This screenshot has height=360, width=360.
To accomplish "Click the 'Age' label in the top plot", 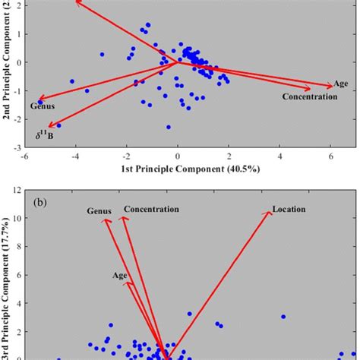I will coord(341,84).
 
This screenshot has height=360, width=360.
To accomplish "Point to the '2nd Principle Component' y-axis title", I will coord(7,65).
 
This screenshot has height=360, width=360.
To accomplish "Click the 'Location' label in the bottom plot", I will coord(289,209).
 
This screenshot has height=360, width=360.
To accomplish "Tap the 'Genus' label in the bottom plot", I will coord(99,211).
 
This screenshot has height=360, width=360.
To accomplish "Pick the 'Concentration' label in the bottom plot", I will coord(151,209).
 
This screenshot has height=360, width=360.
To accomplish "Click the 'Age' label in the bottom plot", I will coord(120,276).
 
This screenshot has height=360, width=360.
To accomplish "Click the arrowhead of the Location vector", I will coord(270,213).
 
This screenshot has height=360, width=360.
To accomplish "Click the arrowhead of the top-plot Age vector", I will coord(331,87).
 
